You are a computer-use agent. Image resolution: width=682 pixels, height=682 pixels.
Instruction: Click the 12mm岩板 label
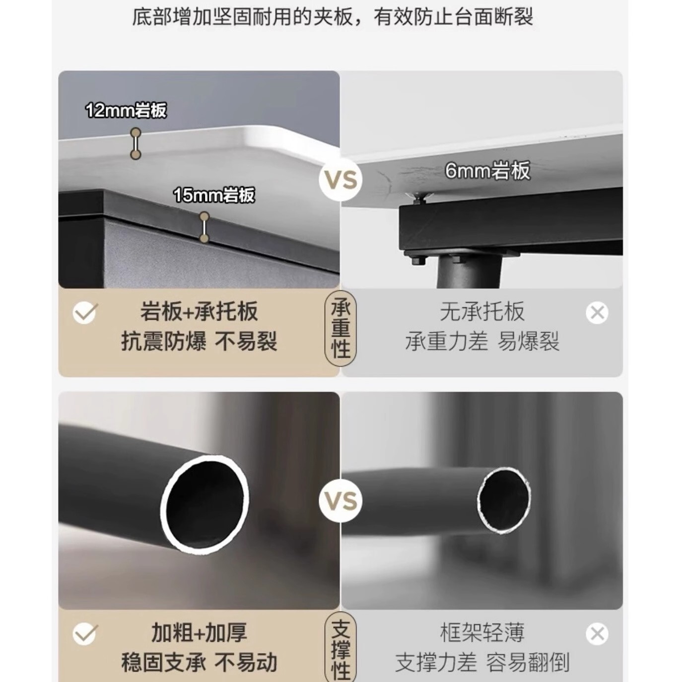click(x=126, y=110)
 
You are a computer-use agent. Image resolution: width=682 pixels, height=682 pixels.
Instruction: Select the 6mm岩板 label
click(x=488, y=171)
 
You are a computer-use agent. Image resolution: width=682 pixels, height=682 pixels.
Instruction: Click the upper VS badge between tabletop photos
click(x=341, y=180)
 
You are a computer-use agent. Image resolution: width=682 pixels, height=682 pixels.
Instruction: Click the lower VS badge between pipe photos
click(x=341, y=501)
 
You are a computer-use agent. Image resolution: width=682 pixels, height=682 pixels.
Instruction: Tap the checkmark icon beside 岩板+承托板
click(x=85, y=313)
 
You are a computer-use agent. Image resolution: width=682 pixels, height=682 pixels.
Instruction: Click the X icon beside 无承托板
click(x=597, y=313)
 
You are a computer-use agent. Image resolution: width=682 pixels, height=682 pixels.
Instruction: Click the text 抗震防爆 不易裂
click(x=199, y=341)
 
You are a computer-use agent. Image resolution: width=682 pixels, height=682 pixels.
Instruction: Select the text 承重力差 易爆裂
click(x=482, y=341)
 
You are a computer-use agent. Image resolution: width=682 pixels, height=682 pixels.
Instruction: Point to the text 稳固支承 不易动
click(x=199, y=663)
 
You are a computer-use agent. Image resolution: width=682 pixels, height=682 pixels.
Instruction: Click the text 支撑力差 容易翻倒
click(x=482, y=663)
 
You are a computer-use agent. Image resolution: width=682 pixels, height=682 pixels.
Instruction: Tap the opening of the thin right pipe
click(x=504, y=495)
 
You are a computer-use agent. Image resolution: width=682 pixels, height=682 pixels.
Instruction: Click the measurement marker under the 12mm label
click(x=136, y=143)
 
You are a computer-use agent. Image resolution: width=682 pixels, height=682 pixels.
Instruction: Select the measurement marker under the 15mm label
click(x=204, y=227)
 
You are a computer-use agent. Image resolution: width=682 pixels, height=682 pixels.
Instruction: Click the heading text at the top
click(x=333, y=16)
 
